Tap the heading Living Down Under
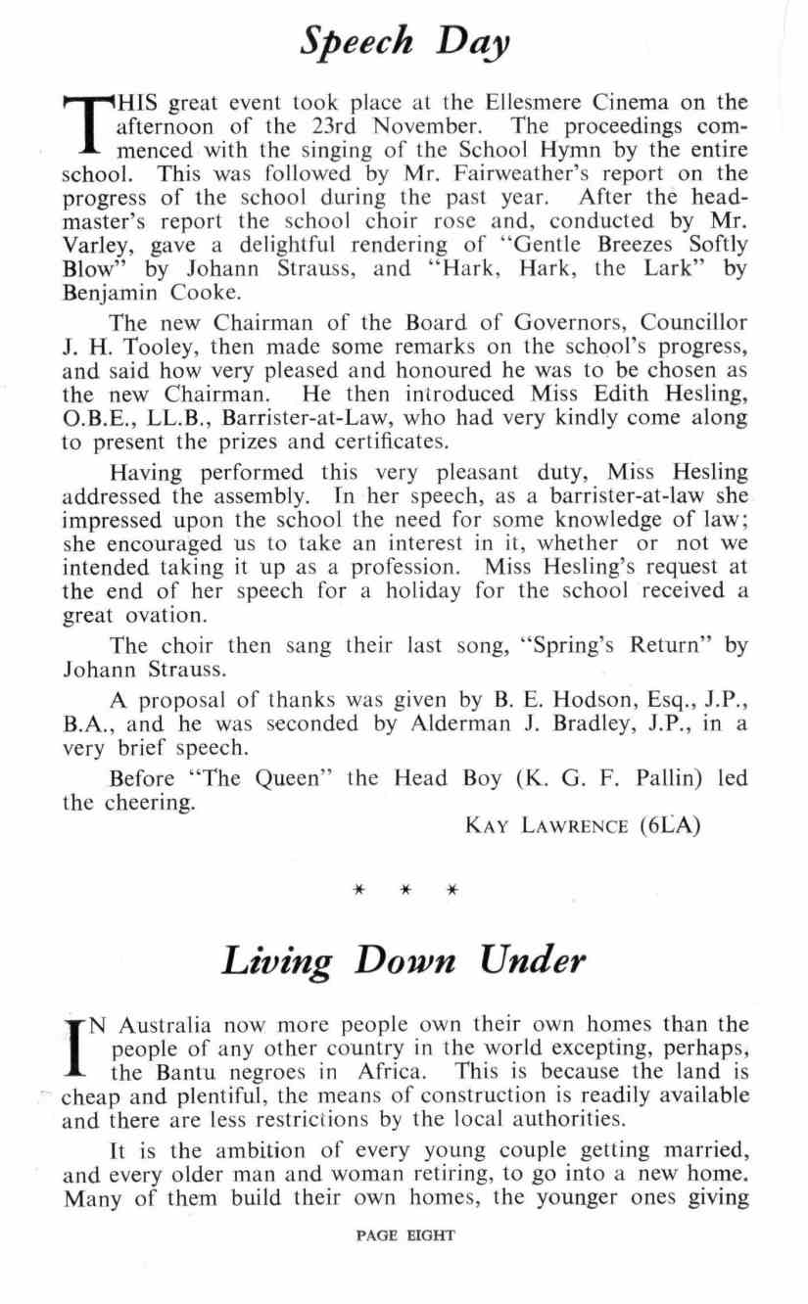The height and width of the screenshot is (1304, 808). click(x=404, y=959)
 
